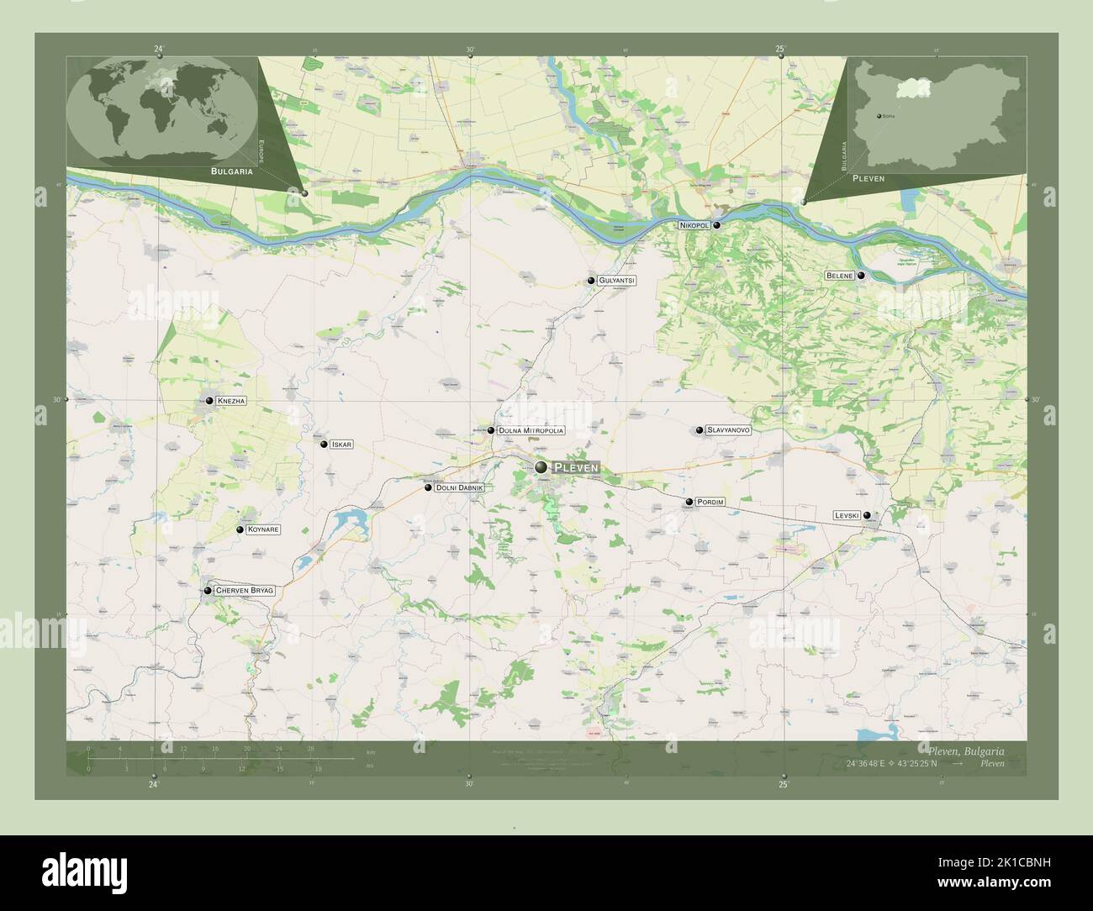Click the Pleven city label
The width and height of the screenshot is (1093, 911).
pos(576,467)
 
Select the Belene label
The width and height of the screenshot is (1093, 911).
pos(840,276)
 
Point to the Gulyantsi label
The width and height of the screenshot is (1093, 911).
pos(617,280)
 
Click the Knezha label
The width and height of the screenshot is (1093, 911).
pos(231,401)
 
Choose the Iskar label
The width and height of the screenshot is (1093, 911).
pos(341,444)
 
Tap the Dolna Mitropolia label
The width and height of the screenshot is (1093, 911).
pos(531,430)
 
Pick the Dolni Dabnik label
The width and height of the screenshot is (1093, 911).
pos(459,487)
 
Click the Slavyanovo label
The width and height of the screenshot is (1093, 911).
pos(728,430)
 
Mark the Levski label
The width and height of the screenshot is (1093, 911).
pos(846,515)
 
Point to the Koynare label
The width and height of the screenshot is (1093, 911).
pos(263,530)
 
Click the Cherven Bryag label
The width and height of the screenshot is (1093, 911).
pos(245,591)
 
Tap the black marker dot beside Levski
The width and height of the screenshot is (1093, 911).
pos(867,516)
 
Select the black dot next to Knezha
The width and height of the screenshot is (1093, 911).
pos(208,401)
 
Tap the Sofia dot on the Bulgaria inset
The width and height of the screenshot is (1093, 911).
pos(879,116)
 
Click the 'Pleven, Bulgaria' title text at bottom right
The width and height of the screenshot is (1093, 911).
pos(965,750)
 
